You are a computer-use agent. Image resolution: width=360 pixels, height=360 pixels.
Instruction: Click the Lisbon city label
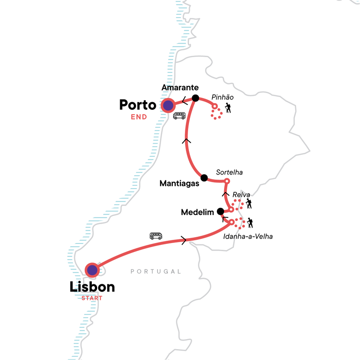click(x=92, y=287)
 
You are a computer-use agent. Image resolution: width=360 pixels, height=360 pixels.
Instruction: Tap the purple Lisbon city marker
click(x=92, y=270)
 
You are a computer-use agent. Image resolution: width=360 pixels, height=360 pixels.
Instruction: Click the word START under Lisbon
click(x=92, y=297)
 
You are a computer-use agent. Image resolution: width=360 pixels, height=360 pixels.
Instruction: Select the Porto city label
click(x=137, y=105)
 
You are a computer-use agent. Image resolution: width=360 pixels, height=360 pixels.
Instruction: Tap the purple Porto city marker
click(x=168, y=106)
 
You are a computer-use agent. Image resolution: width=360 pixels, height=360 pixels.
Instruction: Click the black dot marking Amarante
click(x=195, y=98)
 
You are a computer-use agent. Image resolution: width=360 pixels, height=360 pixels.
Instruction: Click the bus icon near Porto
click(x=179, y=116)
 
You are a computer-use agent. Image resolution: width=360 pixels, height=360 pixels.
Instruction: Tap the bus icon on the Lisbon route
click(x=156, y=236)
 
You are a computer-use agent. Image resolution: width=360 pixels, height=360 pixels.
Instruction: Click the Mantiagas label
click(x=179, y=183)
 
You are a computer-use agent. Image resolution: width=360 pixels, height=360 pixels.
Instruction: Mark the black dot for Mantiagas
click(x=204, y=177)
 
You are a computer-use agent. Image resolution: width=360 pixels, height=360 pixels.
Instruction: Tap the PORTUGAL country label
click(x=156, y=271)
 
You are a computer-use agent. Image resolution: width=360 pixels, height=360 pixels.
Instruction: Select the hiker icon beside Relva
click(x=248, y=204)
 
